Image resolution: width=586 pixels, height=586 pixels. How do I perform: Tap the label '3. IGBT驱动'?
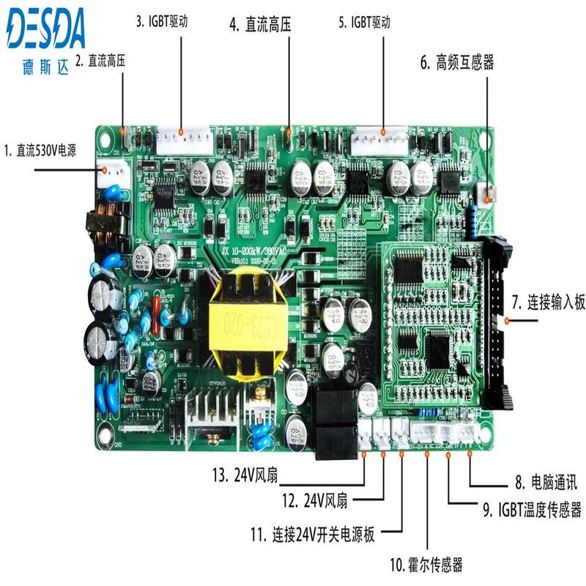coord(162,21)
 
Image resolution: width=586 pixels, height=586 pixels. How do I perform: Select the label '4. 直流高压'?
coord(260,25)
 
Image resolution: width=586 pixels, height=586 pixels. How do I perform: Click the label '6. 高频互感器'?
coord(456,62)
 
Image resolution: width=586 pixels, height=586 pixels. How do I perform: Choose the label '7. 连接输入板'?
coord(548,302)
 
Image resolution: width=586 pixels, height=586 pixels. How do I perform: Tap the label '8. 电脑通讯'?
coord(545,483)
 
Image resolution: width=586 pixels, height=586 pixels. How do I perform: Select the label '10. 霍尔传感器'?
coord(426,564)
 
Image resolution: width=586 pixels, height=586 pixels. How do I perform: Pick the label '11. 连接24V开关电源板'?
coord(313,534)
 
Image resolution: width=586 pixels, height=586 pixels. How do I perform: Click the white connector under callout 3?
coord(182,139)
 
